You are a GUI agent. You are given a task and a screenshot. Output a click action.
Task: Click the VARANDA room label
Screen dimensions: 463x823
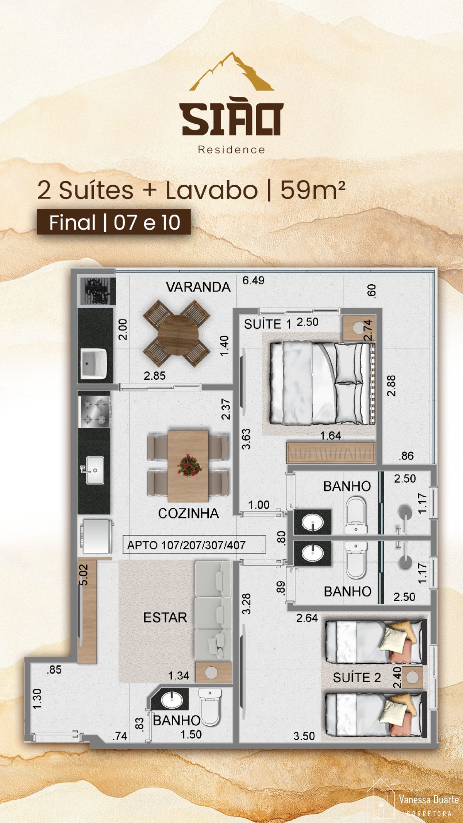click(198, 287)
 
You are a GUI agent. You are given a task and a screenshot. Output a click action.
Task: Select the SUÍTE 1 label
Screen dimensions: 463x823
click(268, 324)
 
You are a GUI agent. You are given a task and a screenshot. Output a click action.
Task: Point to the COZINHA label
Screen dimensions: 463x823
click(188, 513)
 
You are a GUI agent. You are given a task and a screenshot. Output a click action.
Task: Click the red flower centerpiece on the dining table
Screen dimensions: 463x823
click(189, 465)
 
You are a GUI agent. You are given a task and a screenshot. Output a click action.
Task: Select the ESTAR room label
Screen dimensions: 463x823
click(165, 617)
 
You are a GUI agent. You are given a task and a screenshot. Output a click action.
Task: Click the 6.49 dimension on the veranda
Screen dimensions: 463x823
click(253, 281)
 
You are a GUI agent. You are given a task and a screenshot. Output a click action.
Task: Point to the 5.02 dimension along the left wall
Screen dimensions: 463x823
click(84, 575)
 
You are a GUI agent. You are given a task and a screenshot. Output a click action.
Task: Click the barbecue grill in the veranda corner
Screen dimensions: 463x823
click(96, 291)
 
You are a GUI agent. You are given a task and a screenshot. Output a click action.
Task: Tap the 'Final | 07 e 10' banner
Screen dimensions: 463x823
click(114, 222)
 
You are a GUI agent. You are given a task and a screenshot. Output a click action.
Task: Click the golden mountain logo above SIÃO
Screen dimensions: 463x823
click(231, 72)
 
